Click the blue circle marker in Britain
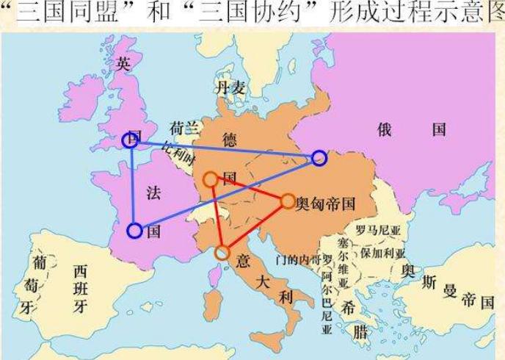point(130,140)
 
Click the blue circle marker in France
point(134,231)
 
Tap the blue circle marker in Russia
point(319,157)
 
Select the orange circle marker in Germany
point(210,179)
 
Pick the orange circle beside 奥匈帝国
point(287,201)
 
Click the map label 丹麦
point(230,89)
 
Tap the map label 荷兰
point(184,128)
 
